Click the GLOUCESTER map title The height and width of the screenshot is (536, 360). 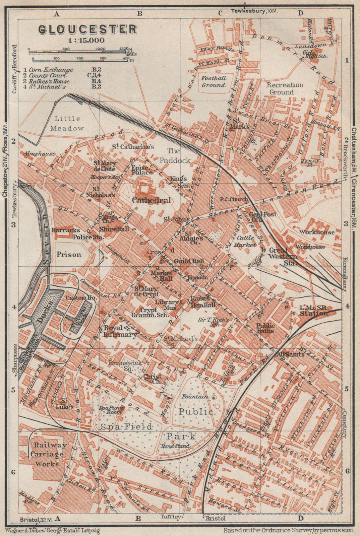tap(88, 30)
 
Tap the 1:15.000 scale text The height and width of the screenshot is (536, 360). tap(88, 41)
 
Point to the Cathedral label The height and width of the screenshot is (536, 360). tap(152, 200)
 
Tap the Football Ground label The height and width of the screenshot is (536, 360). tap(214, 81)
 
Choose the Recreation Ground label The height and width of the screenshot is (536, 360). tap(285, 88)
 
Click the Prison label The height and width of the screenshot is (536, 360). tap(69, 255)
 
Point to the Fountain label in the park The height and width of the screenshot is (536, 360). tap(193, 397)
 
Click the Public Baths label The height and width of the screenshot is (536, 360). tap(265, 328)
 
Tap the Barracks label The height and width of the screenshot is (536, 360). tap(66, 230)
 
